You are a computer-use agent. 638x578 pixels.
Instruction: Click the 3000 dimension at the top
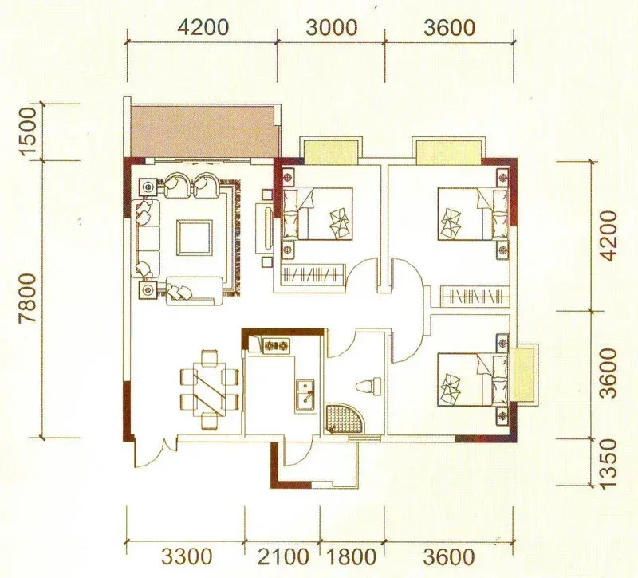331,28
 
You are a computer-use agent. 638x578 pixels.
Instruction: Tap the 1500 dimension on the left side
29,132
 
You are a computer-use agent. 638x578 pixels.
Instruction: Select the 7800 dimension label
29,297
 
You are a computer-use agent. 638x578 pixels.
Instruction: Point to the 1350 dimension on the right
608,463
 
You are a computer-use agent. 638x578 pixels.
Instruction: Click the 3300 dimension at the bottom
187,556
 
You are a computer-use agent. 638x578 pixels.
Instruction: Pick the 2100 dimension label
283,556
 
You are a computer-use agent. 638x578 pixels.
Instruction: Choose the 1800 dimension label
351,556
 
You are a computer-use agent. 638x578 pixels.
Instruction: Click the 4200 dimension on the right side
608,236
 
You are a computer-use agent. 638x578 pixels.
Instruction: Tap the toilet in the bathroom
368,386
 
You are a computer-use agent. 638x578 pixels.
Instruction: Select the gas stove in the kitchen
276,346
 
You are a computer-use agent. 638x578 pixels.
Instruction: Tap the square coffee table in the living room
195,238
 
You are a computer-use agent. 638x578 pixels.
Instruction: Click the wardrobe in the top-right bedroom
475,295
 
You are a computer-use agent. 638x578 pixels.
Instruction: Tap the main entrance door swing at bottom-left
156,453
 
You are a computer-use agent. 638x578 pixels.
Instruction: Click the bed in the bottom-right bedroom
473,379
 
